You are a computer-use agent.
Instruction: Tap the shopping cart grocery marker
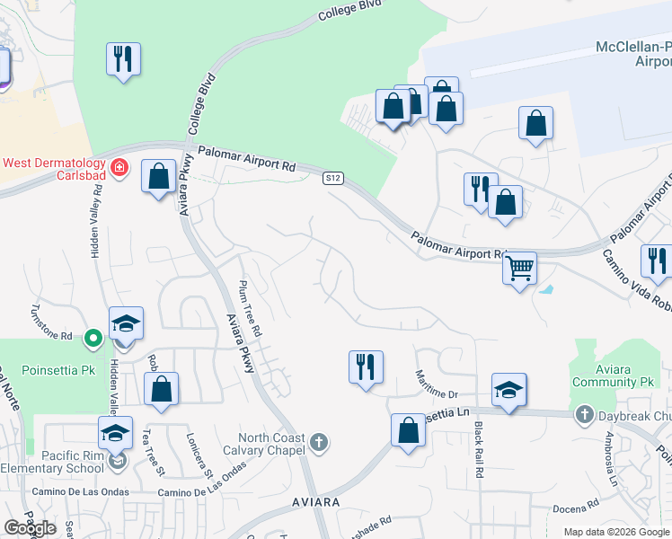[519, 268]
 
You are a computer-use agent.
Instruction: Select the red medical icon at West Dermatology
[119, 168]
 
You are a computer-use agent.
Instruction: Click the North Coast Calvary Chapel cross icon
[319, 441]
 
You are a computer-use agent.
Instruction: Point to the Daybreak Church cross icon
[585, 414]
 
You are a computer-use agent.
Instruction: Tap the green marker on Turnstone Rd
[93, 338]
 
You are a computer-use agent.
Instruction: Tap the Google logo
[30, 528]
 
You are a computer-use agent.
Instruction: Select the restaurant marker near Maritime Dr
[366, 367]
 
